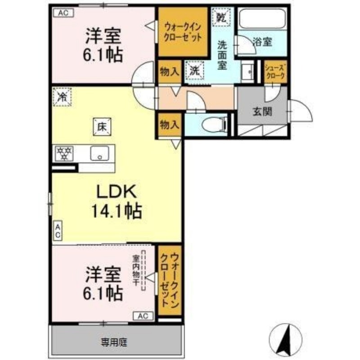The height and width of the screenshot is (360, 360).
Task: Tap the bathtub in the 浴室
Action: click(x=262, y=19)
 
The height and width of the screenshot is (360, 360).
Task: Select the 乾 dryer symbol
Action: click(x=220, y=17)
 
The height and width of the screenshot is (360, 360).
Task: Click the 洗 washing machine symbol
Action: click(x=194, y=70)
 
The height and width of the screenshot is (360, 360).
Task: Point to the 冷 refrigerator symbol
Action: click(x=62, y=97)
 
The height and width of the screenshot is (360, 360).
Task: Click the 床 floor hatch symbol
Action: click(x=102, y=127)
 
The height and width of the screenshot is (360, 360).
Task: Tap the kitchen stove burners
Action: click(x=64, y=153)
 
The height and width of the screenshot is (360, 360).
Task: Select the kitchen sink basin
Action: click(x=99, y=153)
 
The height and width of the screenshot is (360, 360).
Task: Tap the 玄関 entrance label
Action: click(x=262, y=112)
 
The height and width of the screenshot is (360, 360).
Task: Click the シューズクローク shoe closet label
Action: click(x=275, y=72)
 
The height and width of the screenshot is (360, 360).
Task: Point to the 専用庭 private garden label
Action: click(x=114, y=342)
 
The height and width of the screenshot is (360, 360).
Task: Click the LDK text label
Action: click(x=117, y=192)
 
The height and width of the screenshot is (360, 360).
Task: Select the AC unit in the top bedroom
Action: click(x=63, y=13)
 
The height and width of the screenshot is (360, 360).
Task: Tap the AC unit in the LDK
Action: click(x=58, y=231)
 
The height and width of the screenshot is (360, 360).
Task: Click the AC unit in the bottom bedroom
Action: click(x=143, y=316)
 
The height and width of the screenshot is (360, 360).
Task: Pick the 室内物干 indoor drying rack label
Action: click(x=136, y=270)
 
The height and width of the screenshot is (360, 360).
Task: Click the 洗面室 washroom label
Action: click(x=222, y=55)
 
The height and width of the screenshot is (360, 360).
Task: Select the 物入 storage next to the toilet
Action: click(x=170, y=125)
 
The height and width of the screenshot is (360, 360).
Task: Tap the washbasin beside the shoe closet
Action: click(x=247, y=72)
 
